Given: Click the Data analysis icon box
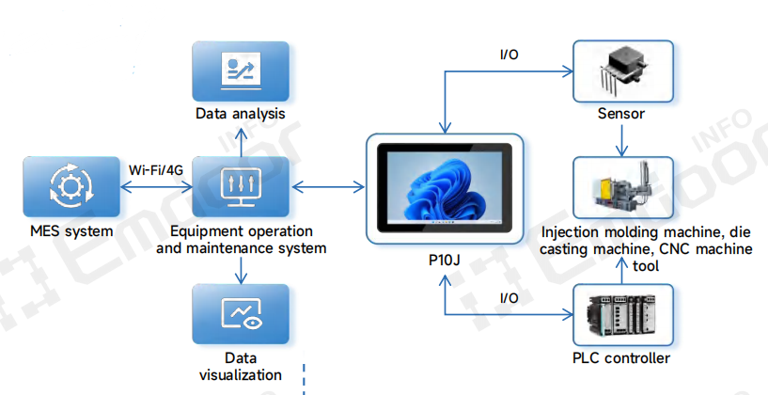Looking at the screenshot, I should pyautogui.click(x=241, y=72).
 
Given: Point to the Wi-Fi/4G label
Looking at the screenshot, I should pyautogui.click(x=155, y=169).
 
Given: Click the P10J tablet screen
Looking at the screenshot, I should pyautogui.click(x=443, y=188).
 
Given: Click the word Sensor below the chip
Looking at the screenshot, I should pyautogui.click(x=621, y=114).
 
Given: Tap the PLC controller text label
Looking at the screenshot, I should pyautogui.click(x=621, y=358).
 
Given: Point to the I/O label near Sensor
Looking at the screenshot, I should pyautogui.click(x=509, y=54).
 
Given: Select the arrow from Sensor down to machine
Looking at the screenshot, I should pyautogui.click(x=621, y=142).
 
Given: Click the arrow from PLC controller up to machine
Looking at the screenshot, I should pyautogui.click(x=621, y=270).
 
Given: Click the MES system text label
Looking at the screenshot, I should pyautogui.click(x=70, y=231).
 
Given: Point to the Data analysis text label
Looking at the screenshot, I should pyautogui.click(x=241, y=114).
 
